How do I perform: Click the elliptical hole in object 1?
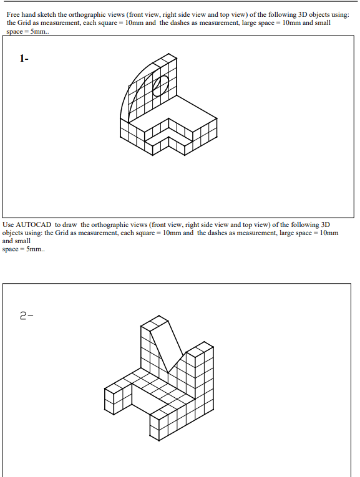[x=160, y=86]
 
